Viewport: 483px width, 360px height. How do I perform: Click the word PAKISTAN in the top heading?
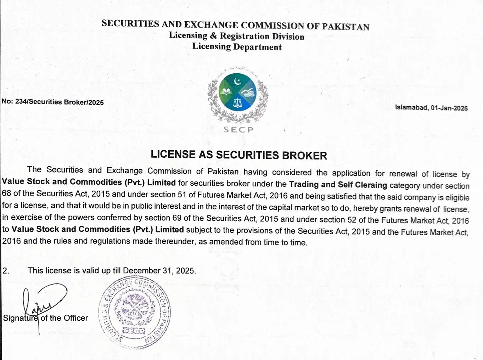pos(346,27)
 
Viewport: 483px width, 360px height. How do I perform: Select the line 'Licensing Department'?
pos(237,47)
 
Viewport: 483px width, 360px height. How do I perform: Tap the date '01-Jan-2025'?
pos(449,108)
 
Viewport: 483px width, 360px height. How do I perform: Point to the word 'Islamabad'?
pos(411,107)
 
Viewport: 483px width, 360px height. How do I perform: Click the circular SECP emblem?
pos(237,92)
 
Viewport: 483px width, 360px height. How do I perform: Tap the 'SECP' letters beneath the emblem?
pos(238,130)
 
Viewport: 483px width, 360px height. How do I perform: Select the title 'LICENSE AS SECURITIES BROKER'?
pos(238,155)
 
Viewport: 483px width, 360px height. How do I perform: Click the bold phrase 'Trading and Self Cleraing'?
pos(338,185)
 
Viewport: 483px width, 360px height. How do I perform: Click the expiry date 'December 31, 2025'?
pos(159,271)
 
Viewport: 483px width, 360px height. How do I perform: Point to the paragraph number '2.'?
pos(6,271)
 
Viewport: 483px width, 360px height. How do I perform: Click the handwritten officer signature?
pos(43,303)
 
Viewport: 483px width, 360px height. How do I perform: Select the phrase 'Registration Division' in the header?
pos(262,36)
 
